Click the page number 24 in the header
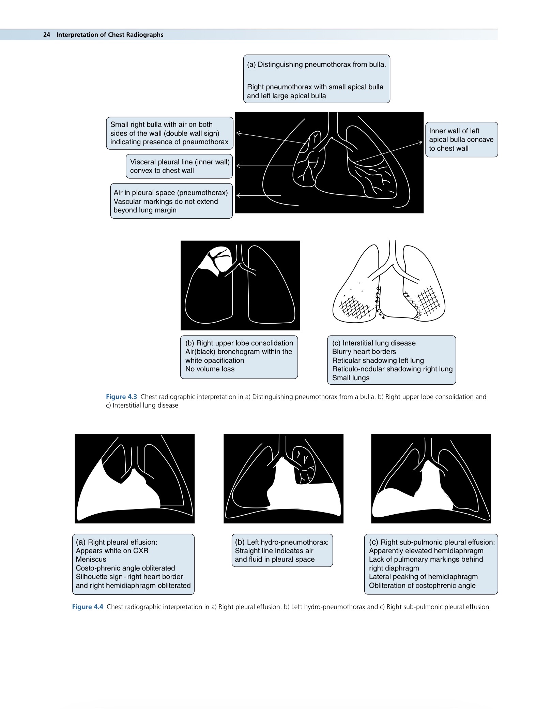tap(47, 35)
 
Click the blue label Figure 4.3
tap(121, 397)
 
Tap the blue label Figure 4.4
tap(88, 607)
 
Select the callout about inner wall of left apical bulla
tap(461, 139)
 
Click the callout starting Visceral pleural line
tap(179, 166)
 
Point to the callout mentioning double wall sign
tap(169, 133)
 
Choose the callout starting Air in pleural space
tap(171, 201)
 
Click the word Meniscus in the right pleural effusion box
tap(91, 559)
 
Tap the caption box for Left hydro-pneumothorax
tap(282, 550)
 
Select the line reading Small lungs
tap(351, 378)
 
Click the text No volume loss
tap(210, 369)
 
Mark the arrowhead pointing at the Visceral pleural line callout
tap(238, 166)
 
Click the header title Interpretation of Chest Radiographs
tap(110, 35)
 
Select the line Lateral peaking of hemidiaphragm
tap(423, 577)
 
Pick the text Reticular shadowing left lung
tap(378, 360)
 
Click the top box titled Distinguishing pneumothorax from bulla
tap(317, 79)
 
